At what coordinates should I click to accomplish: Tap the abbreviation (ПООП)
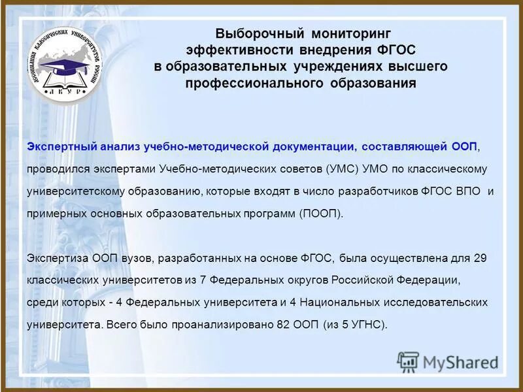[x=320, y=214]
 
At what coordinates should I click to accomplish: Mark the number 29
[x=480, y=258]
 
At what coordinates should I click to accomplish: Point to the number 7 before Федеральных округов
[x=203, y=280]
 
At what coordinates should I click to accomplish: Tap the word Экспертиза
[x=54, y=258]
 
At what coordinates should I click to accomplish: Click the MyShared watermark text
[x=458, y=361]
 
